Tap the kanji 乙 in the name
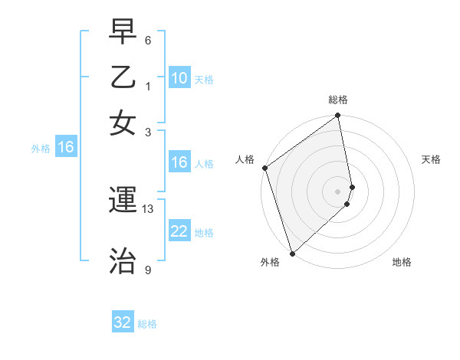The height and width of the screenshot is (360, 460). coord(123,77)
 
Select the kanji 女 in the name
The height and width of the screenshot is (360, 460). coord(123,123)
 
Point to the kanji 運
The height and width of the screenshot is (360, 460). coord(123,201)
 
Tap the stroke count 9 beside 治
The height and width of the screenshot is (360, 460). coord(148,270)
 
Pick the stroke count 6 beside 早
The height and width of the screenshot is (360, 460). coord(148,39)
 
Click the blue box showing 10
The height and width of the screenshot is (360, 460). coord(179,78)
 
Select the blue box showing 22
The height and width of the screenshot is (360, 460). coord(179,232)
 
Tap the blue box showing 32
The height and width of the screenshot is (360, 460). coord(123,322)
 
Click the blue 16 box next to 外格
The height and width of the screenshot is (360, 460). coord(66,148)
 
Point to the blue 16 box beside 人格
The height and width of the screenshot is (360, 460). coord(179,162)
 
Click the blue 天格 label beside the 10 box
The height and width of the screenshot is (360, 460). coord(204,79)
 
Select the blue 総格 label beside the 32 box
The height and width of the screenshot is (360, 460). coord(147,324)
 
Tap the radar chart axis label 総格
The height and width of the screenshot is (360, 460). coord(338,100)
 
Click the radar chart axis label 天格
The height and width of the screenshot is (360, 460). coord(432,159)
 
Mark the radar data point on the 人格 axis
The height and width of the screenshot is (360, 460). coord(264,168)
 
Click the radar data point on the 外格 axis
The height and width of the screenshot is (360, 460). coord(292,253)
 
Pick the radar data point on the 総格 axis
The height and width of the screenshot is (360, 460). coord(338,116)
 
